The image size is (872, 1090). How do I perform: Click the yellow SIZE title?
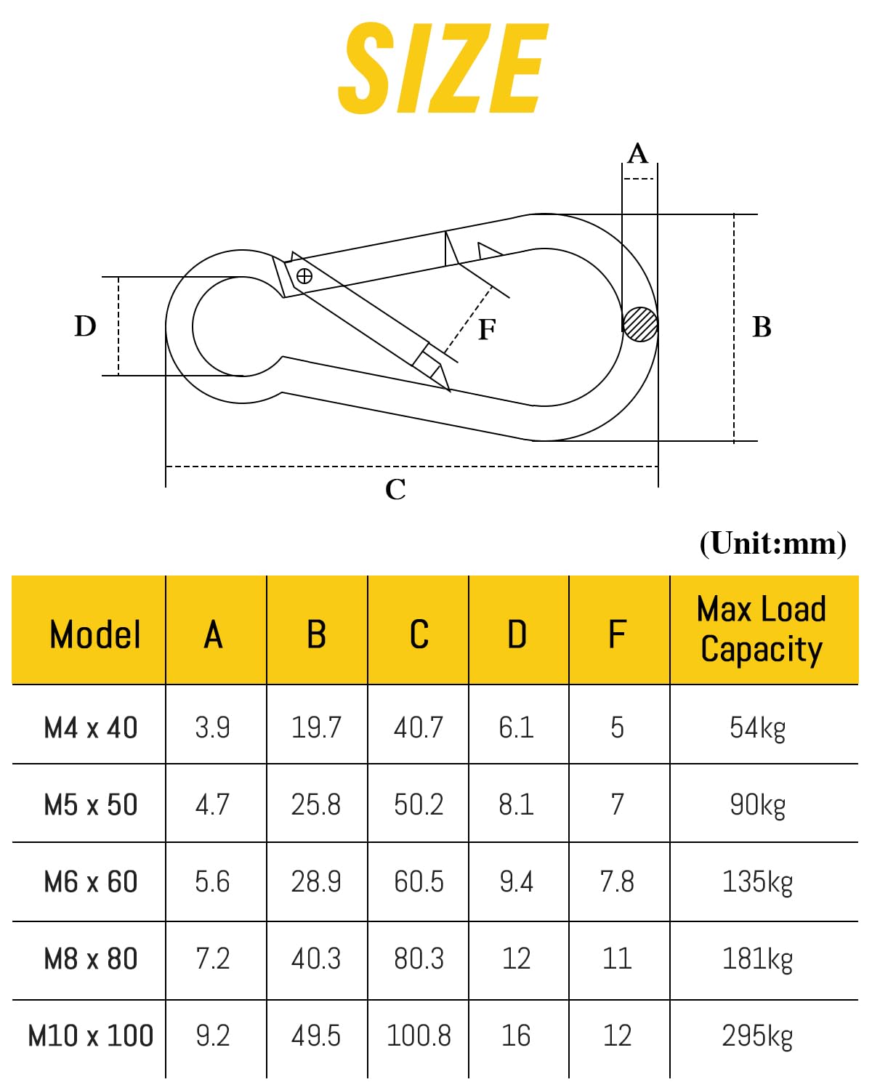tap(443, 68)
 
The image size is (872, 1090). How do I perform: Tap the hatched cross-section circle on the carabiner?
tap(640, 324)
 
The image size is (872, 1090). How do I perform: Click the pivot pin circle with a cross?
tap(304, 277)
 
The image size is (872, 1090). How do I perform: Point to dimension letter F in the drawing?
tap(487, 329)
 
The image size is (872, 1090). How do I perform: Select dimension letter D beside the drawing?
tap(85, 326)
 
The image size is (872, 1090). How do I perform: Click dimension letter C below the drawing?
tap(395, 489)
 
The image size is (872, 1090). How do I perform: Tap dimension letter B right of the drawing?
tap(762, 327)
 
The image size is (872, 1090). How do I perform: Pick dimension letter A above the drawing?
tap(637, 153)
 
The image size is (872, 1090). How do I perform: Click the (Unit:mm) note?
tap(772, 544)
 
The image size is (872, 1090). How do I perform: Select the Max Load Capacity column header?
tap(762, 629)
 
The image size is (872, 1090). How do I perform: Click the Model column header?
tap(94, 634)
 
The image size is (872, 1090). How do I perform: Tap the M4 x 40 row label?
tap(91, 728)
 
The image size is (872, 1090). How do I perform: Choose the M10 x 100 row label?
tap(91, 1035)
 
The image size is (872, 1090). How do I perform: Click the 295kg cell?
tap(757, 1036)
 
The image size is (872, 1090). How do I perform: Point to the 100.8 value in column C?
tap(419, 1035)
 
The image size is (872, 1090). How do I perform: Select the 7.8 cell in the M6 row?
tap(617, 881)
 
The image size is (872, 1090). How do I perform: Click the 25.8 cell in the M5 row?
tap(315, 804)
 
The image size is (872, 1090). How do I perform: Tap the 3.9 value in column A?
tap(212, 728)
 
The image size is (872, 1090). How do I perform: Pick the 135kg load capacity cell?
tap(757, 882)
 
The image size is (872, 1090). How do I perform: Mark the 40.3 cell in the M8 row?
tap(315, 958)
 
